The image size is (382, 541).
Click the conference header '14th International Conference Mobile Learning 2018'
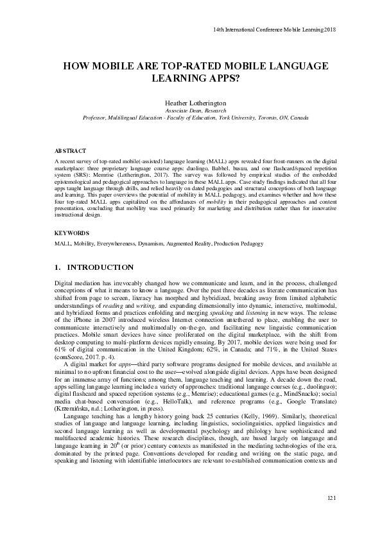coord(273,30)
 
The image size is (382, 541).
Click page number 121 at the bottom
coord(331,516)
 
